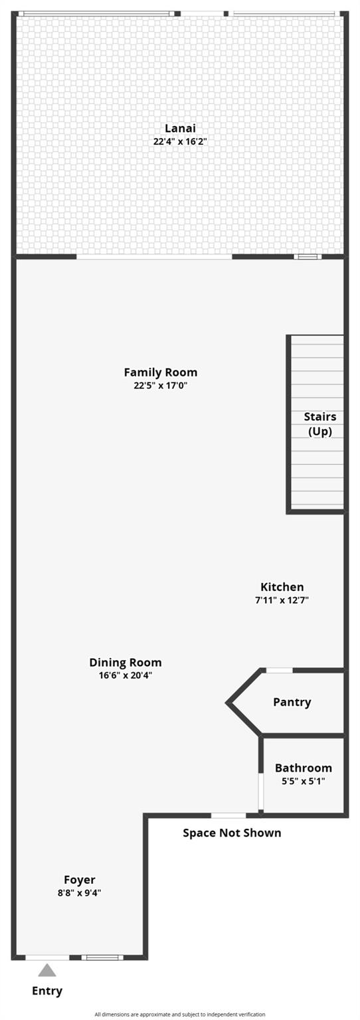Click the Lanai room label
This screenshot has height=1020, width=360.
(180, 128)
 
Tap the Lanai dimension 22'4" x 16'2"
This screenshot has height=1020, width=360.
(180, 141)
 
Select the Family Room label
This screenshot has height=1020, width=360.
(160, 373)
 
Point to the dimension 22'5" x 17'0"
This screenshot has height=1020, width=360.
(160, 386)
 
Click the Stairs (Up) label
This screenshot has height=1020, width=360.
(320, 424)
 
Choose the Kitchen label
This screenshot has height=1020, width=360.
(282, 587)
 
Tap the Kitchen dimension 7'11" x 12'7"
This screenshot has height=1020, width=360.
(282, 600)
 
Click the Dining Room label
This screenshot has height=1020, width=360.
(126, 663)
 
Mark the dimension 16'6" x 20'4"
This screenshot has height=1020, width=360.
(126, 675)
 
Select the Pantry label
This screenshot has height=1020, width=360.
(292, 702)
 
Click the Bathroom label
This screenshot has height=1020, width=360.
(303, 768)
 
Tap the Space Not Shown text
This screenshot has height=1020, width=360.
(232, 833)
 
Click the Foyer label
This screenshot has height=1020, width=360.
(79, 880)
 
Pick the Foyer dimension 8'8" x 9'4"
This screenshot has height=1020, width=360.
(79, 893)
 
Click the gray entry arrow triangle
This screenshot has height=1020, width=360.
(47, 970)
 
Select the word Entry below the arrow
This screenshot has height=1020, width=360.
(47, 991)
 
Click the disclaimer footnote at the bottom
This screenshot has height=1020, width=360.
(180, 1014)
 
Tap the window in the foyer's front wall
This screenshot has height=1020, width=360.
(102, 957)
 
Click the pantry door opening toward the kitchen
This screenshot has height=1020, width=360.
(279, 670)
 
